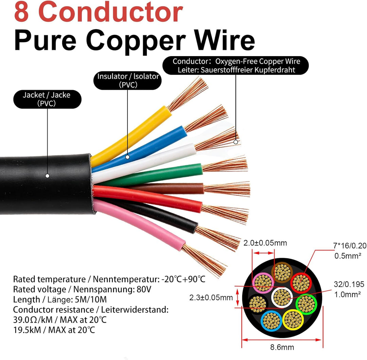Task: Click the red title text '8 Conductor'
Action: (x=98, y=12)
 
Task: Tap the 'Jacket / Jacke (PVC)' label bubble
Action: (x=47, y=99)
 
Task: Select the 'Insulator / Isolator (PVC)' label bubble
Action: (x=127, y=80)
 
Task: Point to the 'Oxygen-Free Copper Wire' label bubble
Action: (x=236, y=65)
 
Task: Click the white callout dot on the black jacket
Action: (x=48, y=176)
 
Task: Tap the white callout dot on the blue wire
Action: (x=127, y=157)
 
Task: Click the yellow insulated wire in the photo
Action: (x=131, y=136)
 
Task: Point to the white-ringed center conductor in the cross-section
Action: (x=282, y=297)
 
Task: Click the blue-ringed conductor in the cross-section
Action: (x=271, y=321)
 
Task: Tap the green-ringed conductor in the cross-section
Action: (x=307, y=304)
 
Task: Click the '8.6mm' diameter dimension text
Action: (x=282, y=347)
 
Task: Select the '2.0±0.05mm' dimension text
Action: (x=265, y=243)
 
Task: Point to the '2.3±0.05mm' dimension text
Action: (x=211, y=298)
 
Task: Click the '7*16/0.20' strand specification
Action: (x=350, y=246)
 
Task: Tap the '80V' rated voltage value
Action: (x=144, y=289)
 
